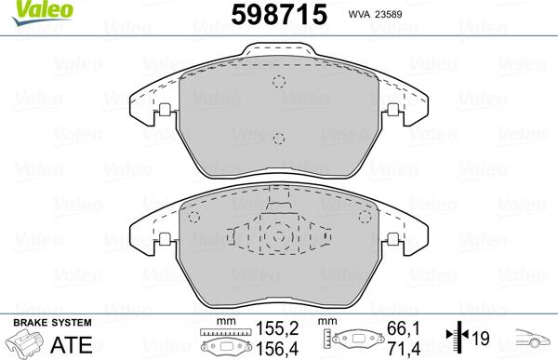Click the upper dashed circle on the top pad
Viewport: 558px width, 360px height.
[x=277, y=81]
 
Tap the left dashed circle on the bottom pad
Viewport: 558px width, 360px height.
[x=194, y=218]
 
